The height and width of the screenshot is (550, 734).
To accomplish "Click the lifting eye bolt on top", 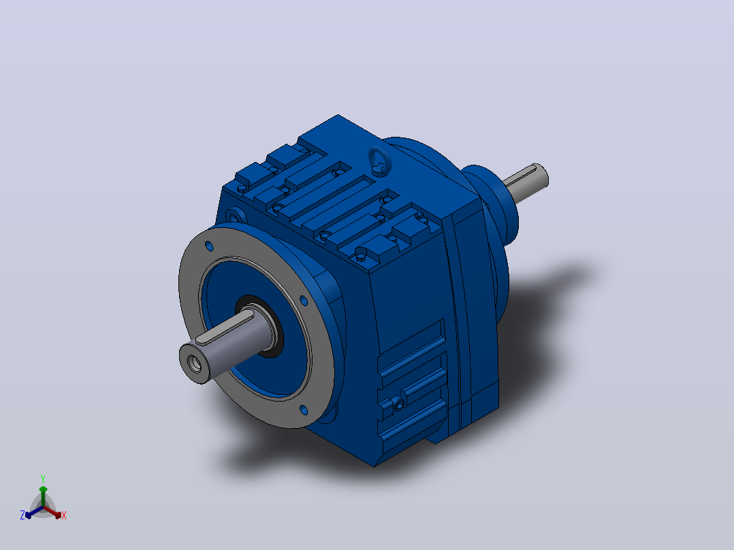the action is [x=380, y=161].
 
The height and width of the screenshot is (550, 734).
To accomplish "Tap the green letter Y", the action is [x=43, y=479].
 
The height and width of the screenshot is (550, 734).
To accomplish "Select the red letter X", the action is [x=64, y=515].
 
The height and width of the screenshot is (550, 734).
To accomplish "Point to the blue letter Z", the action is [x=22, y=515].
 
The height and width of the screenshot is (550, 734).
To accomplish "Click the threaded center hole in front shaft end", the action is [x=195, y=363].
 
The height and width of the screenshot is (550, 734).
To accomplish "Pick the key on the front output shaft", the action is [x=224, y=329].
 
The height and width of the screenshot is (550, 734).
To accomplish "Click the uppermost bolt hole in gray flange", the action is [x=209, y=246].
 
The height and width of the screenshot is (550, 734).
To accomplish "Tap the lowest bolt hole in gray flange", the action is [x=304, y=410].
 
